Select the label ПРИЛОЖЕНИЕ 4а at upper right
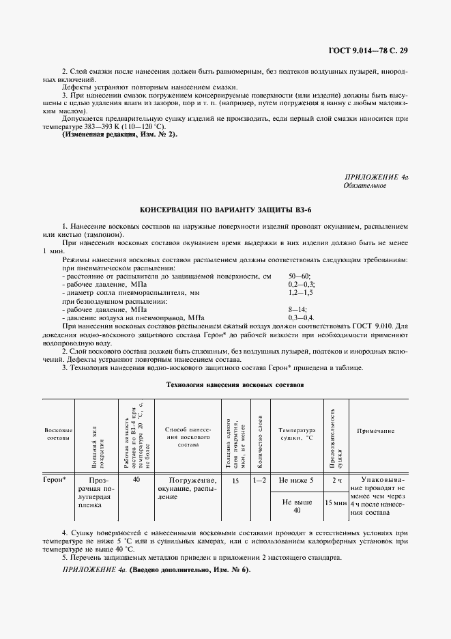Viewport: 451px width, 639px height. coord(376,177)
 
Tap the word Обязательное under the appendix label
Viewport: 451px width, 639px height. coord(365,185)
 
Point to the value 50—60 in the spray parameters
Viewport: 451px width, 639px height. coord(300,275)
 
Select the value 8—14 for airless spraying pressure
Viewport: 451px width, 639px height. coord(298,309)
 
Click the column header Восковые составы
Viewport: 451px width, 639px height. coord(59,434)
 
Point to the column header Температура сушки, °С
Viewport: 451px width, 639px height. coord(297,434)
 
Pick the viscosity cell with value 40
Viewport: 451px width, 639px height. coord(136,480)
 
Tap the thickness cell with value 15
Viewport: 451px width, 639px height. coord(235,480)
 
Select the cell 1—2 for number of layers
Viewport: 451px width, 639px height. coord(259,480)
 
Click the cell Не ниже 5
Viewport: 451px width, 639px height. coord(297,480)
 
